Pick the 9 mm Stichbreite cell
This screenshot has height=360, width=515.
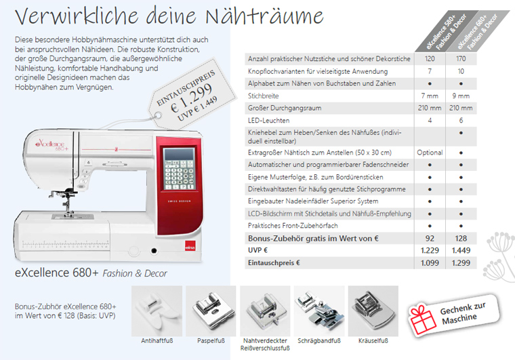[461, 96]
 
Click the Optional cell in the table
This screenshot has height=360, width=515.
[430, 153]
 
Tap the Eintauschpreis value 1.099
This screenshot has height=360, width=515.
[430, 262]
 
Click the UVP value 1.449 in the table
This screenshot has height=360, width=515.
[461, 250]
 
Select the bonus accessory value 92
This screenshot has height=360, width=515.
[430, 238]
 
